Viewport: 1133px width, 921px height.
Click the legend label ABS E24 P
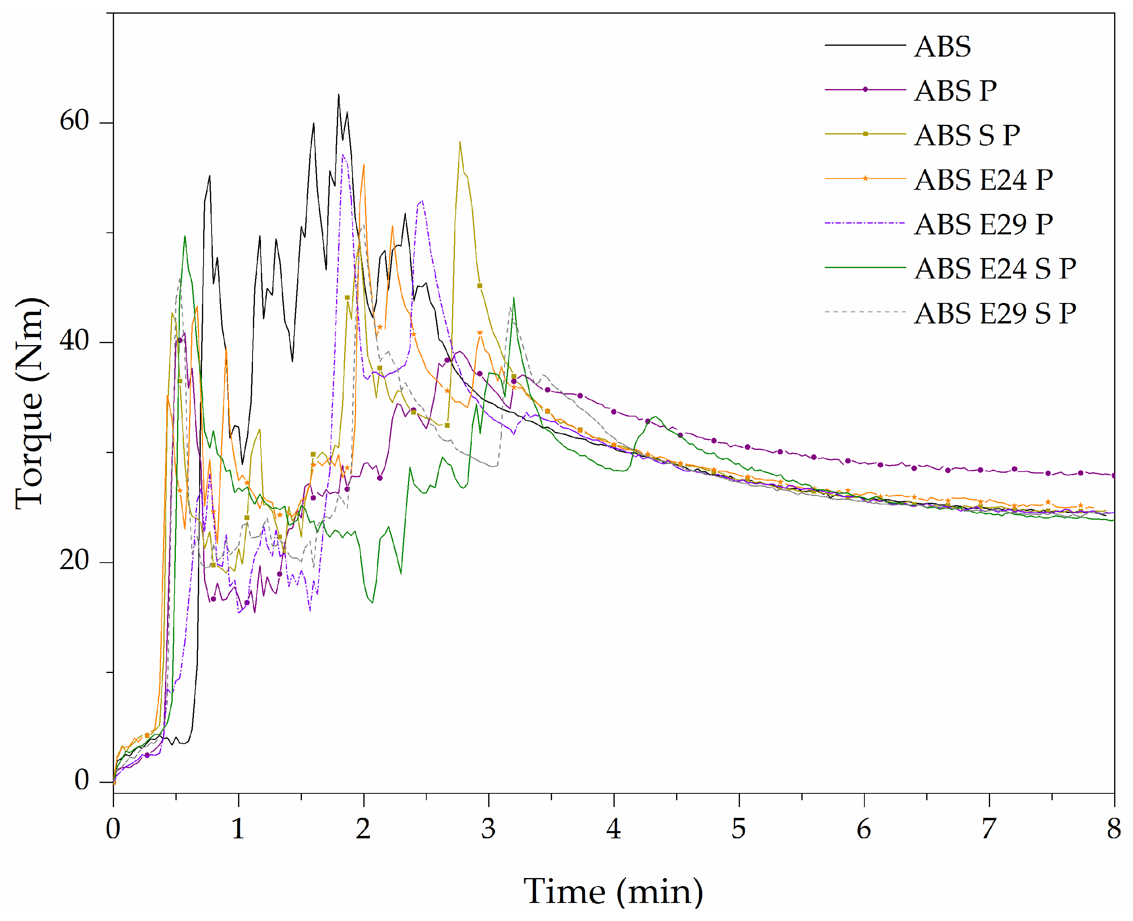click(983, 180)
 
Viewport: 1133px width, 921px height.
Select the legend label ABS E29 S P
click(995, 313)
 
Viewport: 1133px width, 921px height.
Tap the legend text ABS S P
click(967, 135)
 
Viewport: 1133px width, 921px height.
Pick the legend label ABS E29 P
click(983, 224)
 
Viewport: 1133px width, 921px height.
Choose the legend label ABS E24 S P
click(995, 268)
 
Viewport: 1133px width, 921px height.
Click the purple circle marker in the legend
click(865, 89)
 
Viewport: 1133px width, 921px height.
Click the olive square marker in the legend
click(865, 134)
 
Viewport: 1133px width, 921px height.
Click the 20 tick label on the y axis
click(74, 560)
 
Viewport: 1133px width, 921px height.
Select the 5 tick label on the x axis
click(738, 829)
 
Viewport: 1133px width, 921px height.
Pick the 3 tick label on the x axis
click(488, 829)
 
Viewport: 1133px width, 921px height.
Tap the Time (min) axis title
click(613, 891)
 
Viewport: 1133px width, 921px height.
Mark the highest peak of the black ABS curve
click(338, 95)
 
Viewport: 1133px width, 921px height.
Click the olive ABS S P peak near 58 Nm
click(460, 142)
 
